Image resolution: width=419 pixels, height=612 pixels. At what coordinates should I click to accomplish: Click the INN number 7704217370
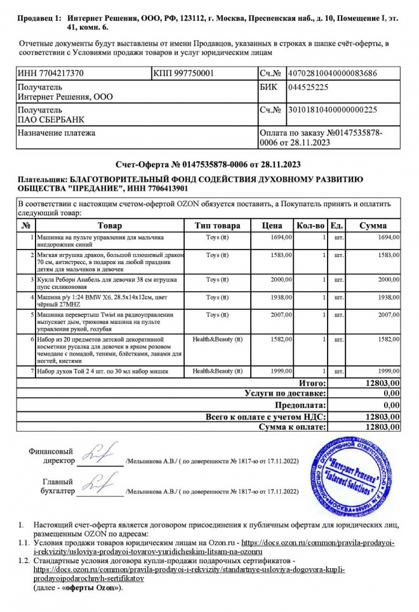click(x=51, y=74)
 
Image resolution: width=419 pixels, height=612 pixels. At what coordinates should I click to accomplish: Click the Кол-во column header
click(x=311, y=225)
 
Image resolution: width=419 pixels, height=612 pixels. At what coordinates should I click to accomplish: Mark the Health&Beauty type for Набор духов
click(x=217, y=370)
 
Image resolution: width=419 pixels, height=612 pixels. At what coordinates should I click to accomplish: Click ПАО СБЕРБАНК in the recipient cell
click(x=50, y=119)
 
